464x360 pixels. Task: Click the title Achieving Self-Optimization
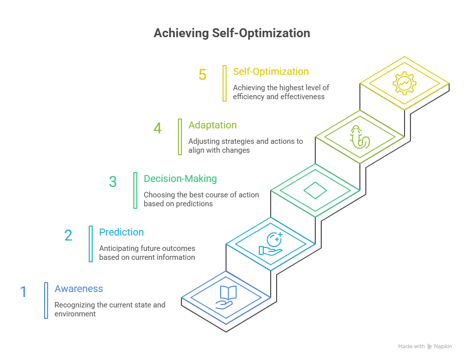coord(232,33)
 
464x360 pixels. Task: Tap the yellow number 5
coord(202,75)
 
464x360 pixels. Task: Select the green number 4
coord(158,128)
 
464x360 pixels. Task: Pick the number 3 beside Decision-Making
coord(113,182)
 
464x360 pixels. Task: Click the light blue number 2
coord(68,236)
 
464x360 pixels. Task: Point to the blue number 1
coord(23,292)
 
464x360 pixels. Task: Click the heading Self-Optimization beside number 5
coord(271,71)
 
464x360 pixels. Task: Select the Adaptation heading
coord(212,125)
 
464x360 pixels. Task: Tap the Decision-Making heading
coord(180,179)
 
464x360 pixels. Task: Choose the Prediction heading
coord(121,232)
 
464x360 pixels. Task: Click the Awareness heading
coord(79,289)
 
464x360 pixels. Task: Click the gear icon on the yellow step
coord(405,83)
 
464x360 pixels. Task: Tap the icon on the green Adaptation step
coord(359,137)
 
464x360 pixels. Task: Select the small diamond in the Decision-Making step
coord(315,190)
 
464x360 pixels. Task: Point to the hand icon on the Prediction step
coord(271,244)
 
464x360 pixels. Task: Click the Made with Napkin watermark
coord(424,346)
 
